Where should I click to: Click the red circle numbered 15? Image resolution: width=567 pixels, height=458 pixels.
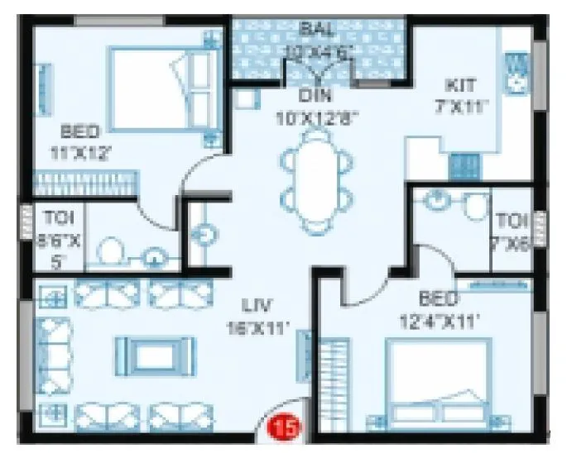coord(283,427)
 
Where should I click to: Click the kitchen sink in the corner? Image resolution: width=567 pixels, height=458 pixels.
coord(518,70)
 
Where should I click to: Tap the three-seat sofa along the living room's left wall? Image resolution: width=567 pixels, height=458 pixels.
coord(54,355)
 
